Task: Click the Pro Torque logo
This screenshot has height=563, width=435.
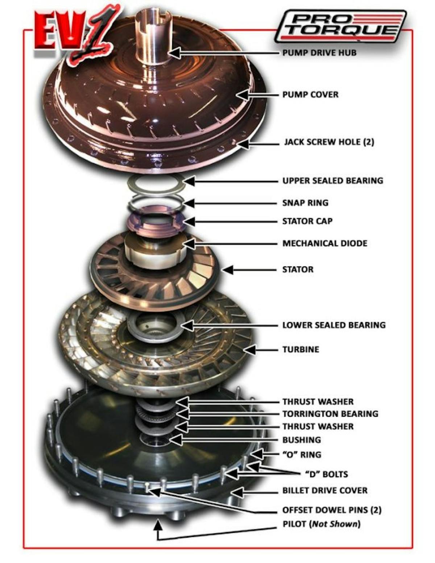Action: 341,26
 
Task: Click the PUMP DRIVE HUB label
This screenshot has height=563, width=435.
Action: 319,53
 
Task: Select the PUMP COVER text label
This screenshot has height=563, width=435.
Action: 310,95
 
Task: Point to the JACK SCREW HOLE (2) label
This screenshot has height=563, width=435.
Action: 329,142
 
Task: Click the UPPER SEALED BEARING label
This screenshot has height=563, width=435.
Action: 332,181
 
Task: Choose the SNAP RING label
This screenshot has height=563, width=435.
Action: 305,203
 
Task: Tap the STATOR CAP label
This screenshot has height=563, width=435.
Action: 307,221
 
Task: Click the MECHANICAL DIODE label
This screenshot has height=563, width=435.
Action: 325,243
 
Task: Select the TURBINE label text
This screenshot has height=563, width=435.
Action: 301,350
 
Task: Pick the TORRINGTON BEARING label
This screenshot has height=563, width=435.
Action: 330,414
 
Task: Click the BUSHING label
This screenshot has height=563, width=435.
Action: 302,440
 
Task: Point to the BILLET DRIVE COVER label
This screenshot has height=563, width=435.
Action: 325,491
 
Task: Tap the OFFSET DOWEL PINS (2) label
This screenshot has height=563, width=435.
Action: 332,510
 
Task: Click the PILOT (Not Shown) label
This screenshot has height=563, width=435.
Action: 322,524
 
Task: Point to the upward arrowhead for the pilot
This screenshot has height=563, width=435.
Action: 157,524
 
